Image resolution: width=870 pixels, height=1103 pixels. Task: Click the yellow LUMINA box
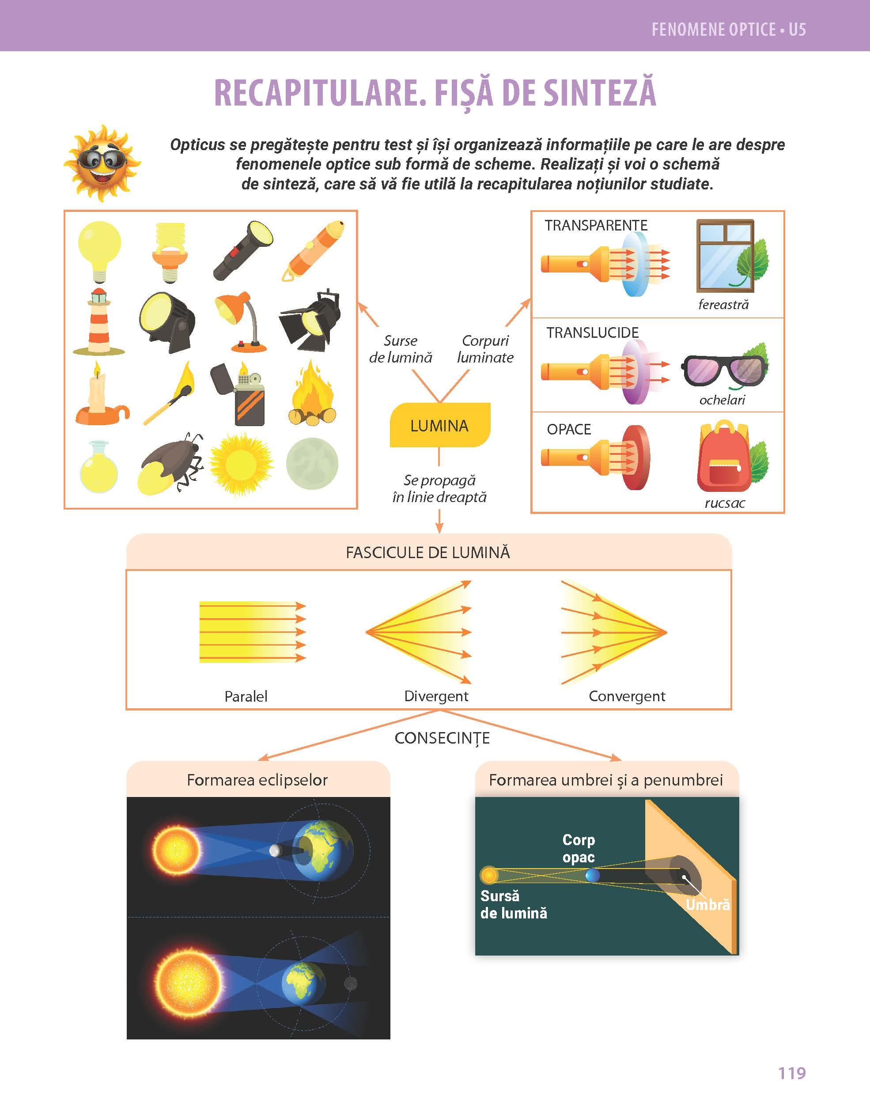point(439,425)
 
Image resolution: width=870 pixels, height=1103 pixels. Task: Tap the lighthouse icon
point(99,322)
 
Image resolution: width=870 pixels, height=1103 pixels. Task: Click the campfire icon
point(312,393)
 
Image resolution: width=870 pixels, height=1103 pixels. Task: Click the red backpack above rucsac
point(723,456)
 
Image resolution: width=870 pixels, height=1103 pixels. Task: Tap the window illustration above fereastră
point(725,255)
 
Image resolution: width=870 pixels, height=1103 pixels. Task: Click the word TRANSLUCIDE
point(592,332)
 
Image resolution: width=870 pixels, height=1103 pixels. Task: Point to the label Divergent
point(436,696)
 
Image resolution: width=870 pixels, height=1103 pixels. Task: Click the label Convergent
point(627,696)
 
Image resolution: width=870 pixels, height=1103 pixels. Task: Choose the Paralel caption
point(246,696)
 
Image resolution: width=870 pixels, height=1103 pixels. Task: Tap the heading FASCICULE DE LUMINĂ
point(428,552)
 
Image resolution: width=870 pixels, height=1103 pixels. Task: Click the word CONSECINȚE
point(442,738)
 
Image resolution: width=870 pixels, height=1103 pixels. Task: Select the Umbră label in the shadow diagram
point(707,905)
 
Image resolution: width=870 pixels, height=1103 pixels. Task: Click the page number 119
point(791,1073)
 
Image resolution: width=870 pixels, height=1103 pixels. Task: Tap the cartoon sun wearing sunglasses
point(102,163)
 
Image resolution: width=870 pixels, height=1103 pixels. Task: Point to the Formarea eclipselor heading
point(257,780)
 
